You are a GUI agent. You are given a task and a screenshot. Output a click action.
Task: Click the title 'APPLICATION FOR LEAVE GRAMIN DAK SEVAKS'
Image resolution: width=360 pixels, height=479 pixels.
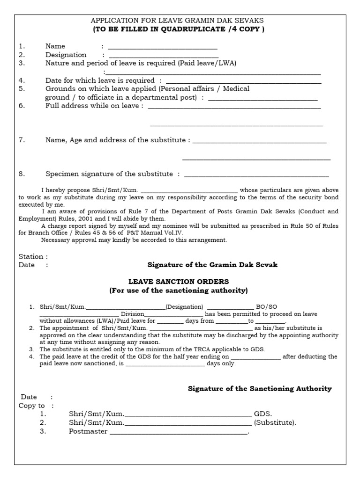coord(177,21)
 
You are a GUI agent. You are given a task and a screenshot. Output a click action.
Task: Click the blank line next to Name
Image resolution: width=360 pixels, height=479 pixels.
coord(163,47)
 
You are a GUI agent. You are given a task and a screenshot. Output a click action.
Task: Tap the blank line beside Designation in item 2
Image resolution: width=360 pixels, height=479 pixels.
coord(164,56)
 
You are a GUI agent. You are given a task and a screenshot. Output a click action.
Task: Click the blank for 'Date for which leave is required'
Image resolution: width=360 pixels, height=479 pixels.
coord(243,81)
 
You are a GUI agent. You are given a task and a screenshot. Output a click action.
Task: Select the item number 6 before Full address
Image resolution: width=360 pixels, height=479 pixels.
coord(21,106)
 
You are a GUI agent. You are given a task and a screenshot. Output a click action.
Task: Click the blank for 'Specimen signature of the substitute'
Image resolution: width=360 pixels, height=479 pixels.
coord(256,175)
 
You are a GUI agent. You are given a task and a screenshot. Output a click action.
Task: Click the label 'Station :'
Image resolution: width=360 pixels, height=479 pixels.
coord(33,256)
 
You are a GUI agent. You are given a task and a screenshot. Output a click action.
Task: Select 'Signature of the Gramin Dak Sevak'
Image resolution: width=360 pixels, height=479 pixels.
coord(212,265)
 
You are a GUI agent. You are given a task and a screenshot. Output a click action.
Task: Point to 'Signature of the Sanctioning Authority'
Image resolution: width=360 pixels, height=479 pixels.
coord(260,389)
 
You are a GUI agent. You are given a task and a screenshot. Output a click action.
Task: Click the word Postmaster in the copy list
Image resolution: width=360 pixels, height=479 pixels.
coord(88,431)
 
